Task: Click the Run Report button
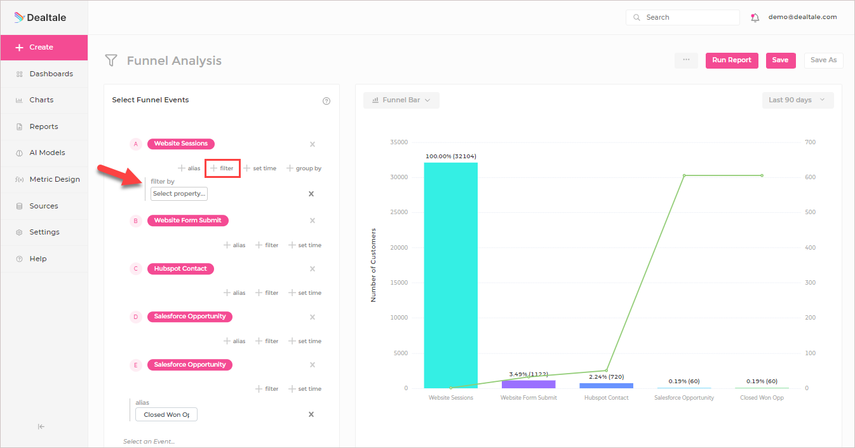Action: pyautogui.click(x=731, y=60)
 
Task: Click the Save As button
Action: pyautogui.click(x=823, y=60)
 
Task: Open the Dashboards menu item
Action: pyautogui.click(x=51, y=74)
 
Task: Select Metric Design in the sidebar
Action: pyautogui.click(x=55, y=179)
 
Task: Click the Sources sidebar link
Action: pyautogui.click(x=43, y=206)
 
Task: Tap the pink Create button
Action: pyautogui.click(x=44, y=47)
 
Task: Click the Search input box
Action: pyautogui.click(x=683, y=18)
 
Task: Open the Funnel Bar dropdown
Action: pyautogui.click(x=401, y=100)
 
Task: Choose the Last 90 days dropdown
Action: pyautogui.click(x=797, y=100)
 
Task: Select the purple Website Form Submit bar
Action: pyautogui.click(x=528, y=384)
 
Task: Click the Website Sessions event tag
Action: pyautogui.click(x=181, y=144)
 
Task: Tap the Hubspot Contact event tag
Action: pyautogui.click(x=180, y=269)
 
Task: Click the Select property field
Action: pyautogui.click(x=179, y=194)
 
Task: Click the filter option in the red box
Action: pyautogui.click(x=222, y=168)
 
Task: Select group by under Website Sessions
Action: pyautogui.click(x=304, y=168)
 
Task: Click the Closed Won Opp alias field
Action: pyautogui.click(x=166, y=414)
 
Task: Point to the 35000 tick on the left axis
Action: pyautogui.click(x=399, y=142)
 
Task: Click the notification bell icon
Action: pyautogui.click(x=755, y=18)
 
